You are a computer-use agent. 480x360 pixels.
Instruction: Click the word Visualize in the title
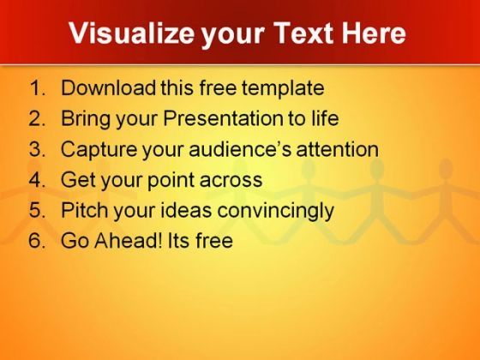click(x=132, y=33)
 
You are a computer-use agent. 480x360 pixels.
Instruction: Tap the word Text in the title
click(x=303, y=33)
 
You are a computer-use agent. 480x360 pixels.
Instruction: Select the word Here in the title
click(x=374, y=33)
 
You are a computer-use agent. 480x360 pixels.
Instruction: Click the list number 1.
click(x=37, y=87)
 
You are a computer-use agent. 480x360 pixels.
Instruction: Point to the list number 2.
click(x=37, y=118)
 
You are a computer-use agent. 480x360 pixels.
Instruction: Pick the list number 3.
click(x=37, y=149)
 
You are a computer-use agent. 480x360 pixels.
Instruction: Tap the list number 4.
click(x=37, y=179)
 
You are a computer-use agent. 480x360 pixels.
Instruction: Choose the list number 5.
click(x=37, y=210)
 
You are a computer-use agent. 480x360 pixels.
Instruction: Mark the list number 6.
click(x=37, y=240)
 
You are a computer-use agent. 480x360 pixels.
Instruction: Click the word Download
click(x=108, y=87)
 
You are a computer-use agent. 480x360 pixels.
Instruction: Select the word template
click(x=283, y=89)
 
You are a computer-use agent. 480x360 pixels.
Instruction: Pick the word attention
click(x=338, y=149)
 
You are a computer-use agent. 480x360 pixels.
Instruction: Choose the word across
click(x=231, y=180)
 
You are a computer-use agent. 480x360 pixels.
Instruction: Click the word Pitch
click(x=85, y=210)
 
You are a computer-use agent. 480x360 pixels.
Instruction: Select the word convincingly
click(x=275, y=211)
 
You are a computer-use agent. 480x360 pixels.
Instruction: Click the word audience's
click(x=240, y=149)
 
